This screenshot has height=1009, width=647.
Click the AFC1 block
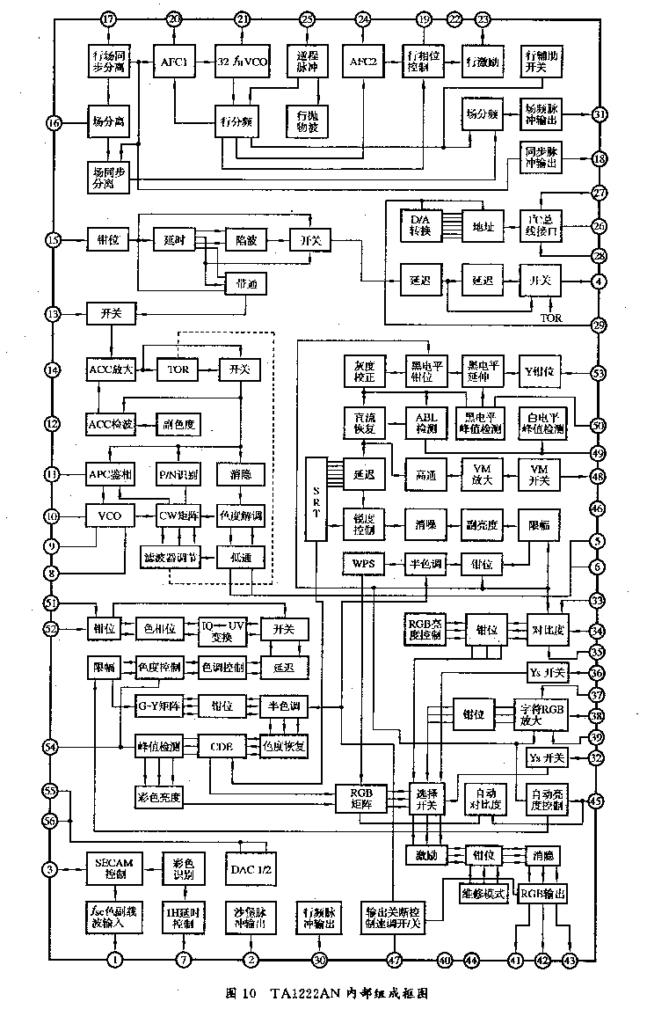pyautogui.click(x=175, y=62)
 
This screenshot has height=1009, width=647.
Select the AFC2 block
pyautogui.click(x=364, y=62)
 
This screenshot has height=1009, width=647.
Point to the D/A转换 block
pyautogui.click(x=421, y=225)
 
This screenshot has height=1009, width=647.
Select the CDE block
pyautogui.click(x=222, y=746)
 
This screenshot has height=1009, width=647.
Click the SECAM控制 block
pyautogui.click(x=110, y=868)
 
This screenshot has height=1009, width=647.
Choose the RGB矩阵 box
pyautogui.click(x=362, y=796)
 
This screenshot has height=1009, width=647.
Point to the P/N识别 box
pyautogui.click(x=179, y=475)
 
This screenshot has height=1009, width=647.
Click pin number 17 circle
pyautogui.click(x=108, y=19)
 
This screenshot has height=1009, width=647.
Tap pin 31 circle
pyautogui.click(x=599, y=114)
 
